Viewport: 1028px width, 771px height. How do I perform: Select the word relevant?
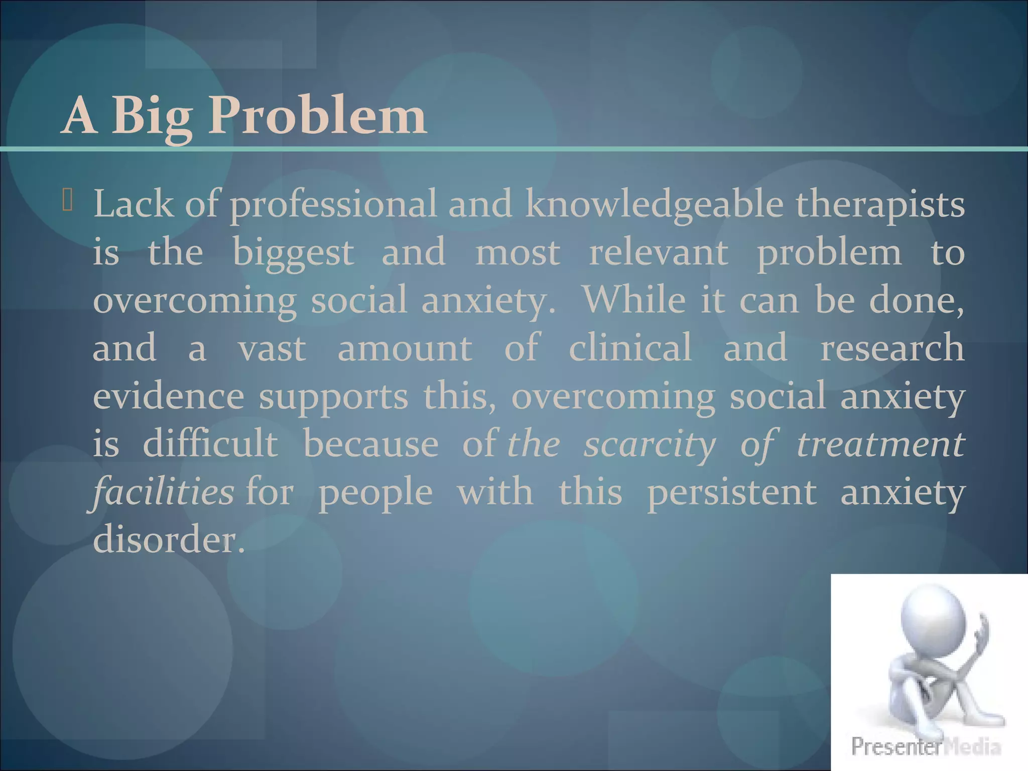pyautogui.click(x=658, y=252)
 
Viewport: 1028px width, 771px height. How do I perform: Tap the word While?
pyautogui.click(x=634, y=300)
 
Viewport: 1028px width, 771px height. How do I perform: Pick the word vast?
pyautogui.click(x=272, y=349)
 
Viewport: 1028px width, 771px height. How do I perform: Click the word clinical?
pyautogui.click(x=630, y=348)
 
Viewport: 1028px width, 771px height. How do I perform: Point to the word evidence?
pyautogui.click(x=169, y=397)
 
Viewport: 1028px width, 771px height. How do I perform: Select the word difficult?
pyautogui.click(x=210, y=444)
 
